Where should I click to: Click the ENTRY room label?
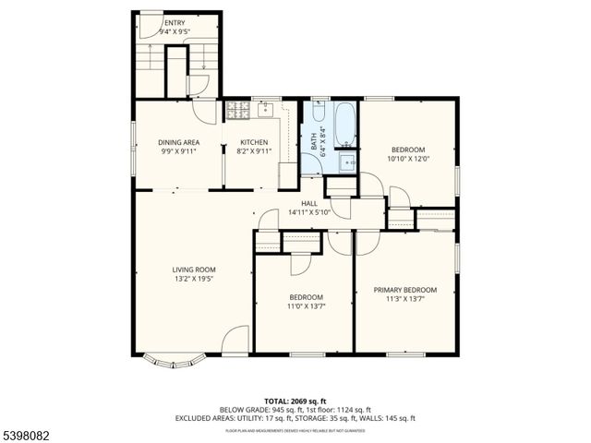175,22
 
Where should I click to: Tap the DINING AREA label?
179,142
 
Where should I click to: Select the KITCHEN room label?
254,142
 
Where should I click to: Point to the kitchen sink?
266,109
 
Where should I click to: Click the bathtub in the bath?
345,125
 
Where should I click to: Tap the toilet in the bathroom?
319,115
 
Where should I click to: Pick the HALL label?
309,204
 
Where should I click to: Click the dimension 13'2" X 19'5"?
193,279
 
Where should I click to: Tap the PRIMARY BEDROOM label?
405,290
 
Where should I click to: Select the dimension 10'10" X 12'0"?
407,159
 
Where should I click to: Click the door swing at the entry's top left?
149,28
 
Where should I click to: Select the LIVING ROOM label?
193,269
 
